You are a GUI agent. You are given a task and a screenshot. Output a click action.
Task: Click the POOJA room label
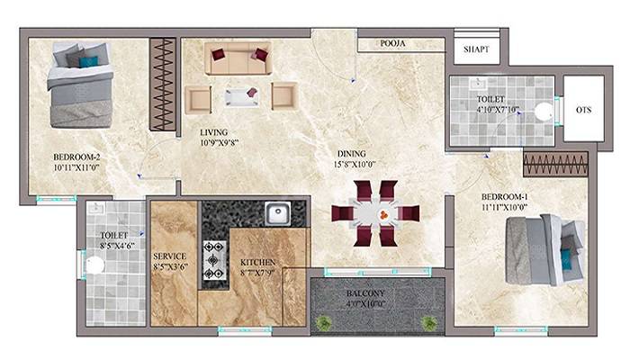[391, 42]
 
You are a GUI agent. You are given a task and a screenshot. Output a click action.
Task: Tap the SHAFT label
[475, 49]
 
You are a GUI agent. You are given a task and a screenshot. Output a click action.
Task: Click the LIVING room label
[213, 132]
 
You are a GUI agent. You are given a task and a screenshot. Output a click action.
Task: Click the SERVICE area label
[169, 255]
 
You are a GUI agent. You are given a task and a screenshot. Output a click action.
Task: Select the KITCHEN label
[259, 263]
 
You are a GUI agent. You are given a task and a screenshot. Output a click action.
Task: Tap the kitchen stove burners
[213, 258]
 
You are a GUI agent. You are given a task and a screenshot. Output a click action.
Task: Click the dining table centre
[375, 214]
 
